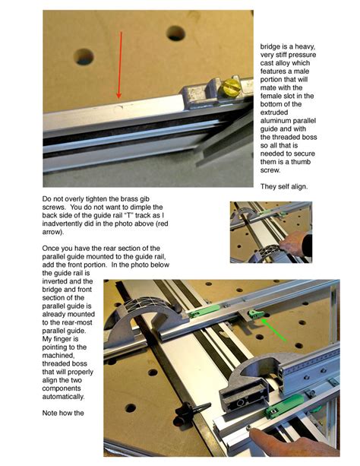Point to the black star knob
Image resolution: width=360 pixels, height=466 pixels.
184,411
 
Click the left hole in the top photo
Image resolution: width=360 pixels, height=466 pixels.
84,57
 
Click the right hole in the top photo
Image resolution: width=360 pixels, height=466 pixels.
176,33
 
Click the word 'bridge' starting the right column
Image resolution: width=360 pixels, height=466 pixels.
273,46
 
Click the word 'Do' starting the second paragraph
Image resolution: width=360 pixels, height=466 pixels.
48,198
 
